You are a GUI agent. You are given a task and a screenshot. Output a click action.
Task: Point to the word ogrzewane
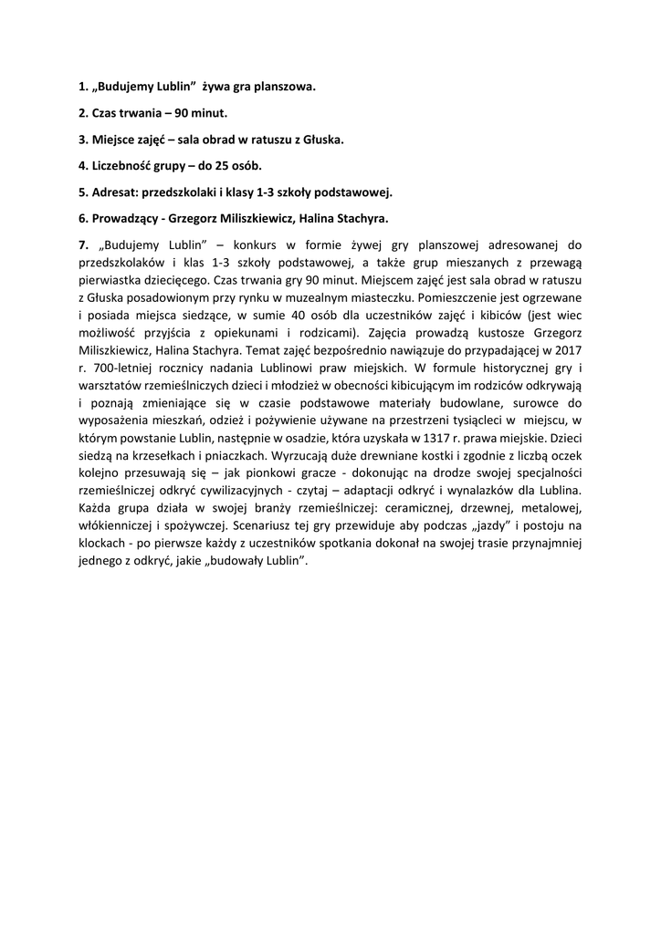point(553,297)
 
